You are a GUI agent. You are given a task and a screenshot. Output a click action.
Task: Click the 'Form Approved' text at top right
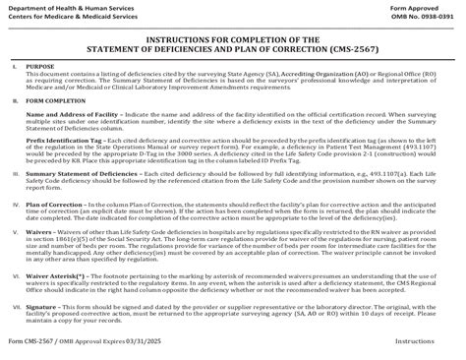click(x=434, y=5)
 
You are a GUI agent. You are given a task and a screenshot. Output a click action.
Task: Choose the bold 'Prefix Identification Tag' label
click(x=62, y=140)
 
